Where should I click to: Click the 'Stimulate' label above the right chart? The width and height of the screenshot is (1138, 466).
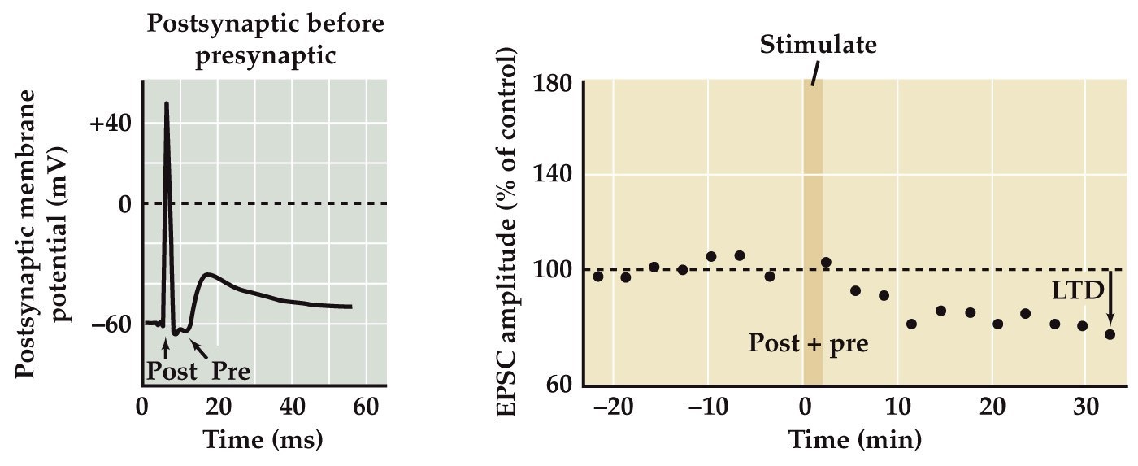coord(818,45)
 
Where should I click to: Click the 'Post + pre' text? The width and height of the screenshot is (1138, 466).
coord(809,343)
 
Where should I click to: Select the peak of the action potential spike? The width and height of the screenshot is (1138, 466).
coord(167,103)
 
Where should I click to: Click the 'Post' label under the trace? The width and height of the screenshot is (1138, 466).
coord(172,372)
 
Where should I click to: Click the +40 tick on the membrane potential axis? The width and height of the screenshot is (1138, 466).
coord(113,123)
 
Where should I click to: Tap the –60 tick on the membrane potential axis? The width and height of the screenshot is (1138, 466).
coord(113,324)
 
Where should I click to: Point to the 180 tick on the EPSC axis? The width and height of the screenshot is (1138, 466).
coord(555,83)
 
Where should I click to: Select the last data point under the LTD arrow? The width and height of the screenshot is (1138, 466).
coord(1110,334)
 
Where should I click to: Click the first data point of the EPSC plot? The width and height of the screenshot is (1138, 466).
coord(598,277)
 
